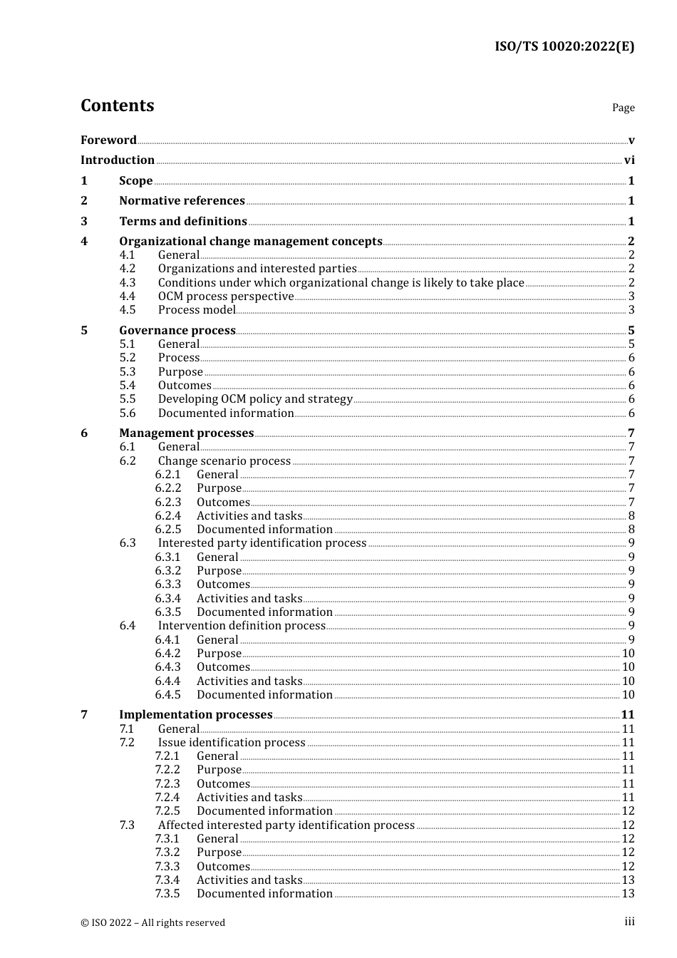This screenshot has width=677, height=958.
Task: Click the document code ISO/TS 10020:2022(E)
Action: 564,46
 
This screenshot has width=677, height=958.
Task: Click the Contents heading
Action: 117,105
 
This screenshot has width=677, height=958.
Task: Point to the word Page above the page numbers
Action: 623,108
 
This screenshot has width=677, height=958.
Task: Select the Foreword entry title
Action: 108,140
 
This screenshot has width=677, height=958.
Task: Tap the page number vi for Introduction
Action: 629,160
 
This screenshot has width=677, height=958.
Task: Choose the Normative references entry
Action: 182,201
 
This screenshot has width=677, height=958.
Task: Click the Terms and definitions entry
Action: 183,222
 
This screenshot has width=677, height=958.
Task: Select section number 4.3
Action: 128,282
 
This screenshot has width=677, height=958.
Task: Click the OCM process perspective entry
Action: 226,297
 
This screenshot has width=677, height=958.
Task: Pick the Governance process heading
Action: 177,331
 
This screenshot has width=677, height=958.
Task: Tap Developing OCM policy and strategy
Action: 255,399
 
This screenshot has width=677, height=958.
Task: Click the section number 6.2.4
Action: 168,516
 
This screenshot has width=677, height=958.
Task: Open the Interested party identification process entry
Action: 262,543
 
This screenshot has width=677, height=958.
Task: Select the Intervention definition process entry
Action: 242,626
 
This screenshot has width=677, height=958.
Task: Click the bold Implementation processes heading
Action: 196,715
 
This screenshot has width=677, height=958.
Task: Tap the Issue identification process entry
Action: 232,743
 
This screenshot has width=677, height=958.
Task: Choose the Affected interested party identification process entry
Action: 286,825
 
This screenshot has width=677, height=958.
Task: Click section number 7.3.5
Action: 168,894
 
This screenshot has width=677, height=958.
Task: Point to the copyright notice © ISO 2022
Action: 153,922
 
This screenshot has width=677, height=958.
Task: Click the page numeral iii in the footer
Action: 629,922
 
